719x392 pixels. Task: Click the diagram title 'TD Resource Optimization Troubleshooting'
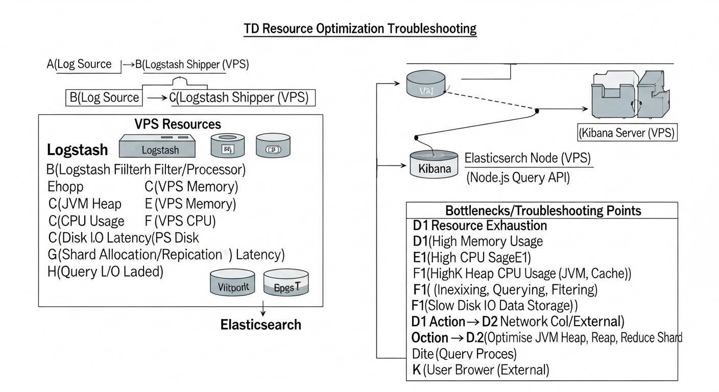pos(360,29)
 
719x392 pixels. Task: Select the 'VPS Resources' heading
pos(177,124)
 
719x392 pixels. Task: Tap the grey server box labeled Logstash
pos(157,146)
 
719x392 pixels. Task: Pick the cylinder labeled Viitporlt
pos(232,283)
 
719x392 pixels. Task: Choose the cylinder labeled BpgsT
pos(286,283)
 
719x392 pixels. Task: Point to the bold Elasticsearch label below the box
pos(260,325)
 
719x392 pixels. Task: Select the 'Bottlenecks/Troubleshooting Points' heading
pos(543,210)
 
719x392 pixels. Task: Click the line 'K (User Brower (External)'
pos(480,370)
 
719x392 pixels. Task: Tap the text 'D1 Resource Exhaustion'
pos(480,226)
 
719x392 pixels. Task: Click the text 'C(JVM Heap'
pos(85,204)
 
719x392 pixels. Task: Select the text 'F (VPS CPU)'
pos(180,221)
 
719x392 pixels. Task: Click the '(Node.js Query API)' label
pos(517,177)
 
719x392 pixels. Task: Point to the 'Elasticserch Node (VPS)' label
pos(528,158)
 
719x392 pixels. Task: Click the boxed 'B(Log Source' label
pos(104,97)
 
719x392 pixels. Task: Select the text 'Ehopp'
pos(65,186)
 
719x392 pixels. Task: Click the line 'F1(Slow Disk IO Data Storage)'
pos(494,306)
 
